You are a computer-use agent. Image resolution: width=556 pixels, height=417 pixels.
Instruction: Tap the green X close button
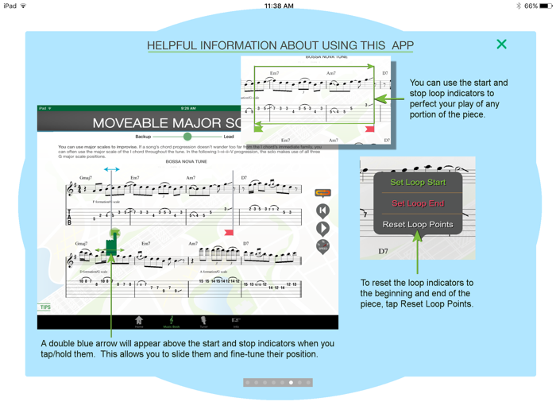(501, 44)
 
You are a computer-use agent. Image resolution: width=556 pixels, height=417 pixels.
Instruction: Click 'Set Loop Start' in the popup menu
(418, 183)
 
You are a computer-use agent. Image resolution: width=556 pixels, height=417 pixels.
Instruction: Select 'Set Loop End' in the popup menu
(418, 203)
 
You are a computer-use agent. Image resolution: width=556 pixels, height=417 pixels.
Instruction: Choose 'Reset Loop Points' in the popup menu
(418, 224)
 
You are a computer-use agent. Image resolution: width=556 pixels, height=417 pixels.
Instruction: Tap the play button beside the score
(322, 229)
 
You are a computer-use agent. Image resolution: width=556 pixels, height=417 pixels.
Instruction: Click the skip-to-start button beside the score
(322, 210)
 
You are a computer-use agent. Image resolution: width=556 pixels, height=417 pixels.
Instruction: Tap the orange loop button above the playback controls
(322, 193)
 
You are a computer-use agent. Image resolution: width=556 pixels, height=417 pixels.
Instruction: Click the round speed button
(322, 247)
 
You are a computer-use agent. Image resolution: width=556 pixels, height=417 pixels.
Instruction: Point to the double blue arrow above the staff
(111, 169)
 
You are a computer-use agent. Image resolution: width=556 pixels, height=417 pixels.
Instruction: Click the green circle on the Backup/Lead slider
(187, 137)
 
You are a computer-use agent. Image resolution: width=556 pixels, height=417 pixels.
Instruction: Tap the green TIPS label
(45, 307)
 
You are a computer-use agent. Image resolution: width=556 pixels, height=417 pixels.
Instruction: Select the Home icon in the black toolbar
(139, 322)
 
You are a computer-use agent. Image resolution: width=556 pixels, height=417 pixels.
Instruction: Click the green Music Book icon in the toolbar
(171, 322)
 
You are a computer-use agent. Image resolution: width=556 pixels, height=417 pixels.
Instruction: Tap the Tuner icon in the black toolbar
(203, 322)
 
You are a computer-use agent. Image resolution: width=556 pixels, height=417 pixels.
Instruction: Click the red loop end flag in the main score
(229, 232)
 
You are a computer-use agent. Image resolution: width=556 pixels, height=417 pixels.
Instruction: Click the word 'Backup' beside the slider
(143, 137)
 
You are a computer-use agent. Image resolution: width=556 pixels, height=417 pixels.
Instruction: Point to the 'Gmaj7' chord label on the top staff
(86, 178)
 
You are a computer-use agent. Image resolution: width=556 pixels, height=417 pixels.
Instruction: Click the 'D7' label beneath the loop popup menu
(383, 251)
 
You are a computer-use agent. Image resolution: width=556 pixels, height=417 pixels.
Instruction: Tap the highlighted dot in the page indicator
(292, 383)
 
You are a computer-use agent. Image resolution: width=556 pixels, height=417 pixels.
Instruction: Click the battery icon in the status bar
(546, 6)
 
